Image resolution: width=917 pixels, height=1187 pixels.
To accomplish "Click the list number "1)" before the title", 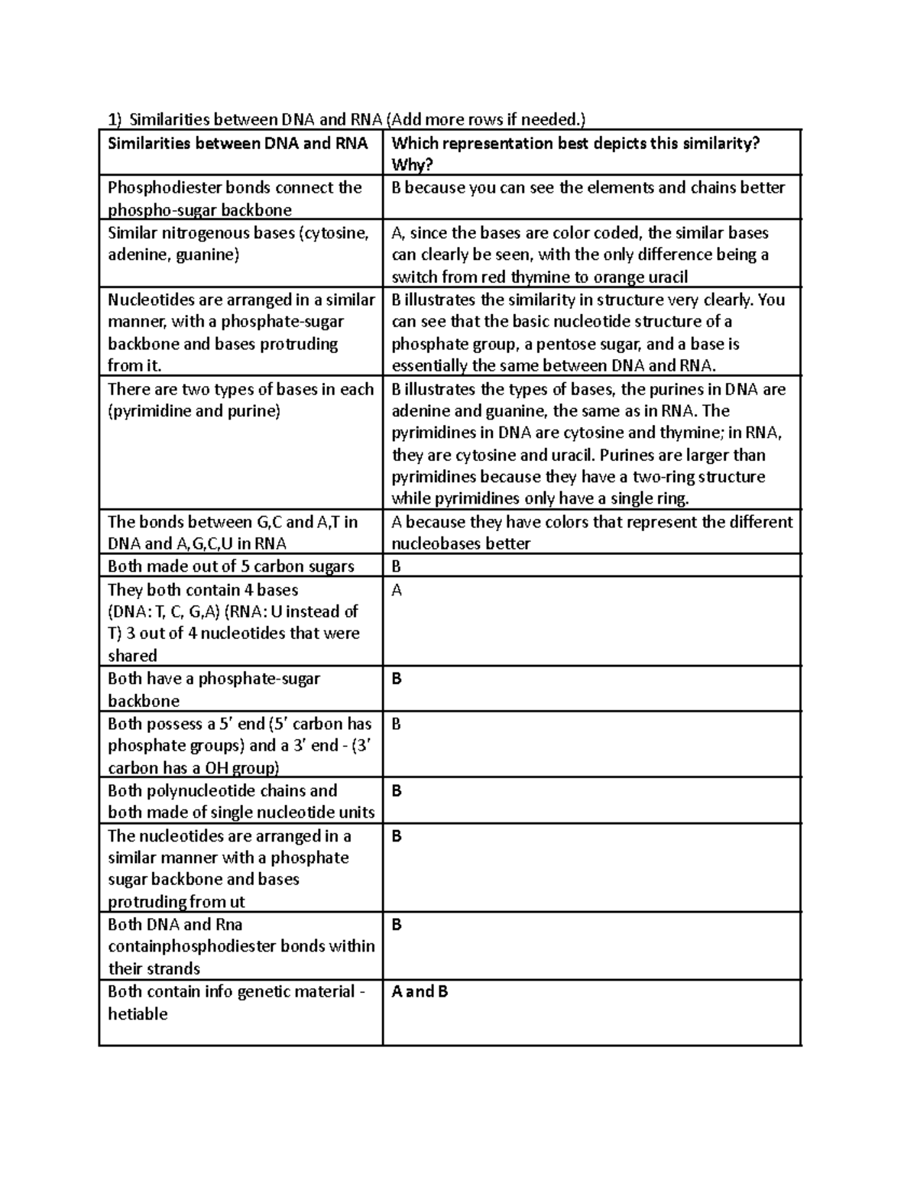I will [x=114, y=119].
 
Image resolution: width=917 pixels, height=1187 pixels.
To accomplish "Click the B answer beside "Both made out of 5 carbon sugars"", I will [x=396, y=566].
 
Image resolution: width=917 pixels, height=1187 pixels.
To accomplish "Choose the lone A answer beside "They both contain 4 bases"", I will [x=397, y=590].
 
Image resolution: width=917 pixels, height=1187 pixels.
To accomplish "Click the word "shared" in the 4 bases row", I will [x=132, y=656].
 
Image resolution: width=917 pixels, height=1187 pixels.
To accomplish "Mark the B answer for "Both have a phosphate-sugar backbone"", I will [x=396, y=679].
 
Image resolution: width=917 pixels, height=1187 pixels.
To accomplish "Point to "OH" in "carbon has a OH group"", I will [x=221, y=768].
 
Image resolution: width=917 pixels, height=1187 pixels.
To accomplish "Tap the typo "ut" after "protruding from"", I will [x=237, y=902].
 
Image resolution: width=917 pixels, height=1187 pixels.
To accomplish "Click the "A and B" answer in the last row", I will [x=420, y=992].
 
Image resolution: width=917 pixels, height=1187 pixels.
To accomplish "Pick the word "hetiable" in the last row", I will [x=138, y=1014].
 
